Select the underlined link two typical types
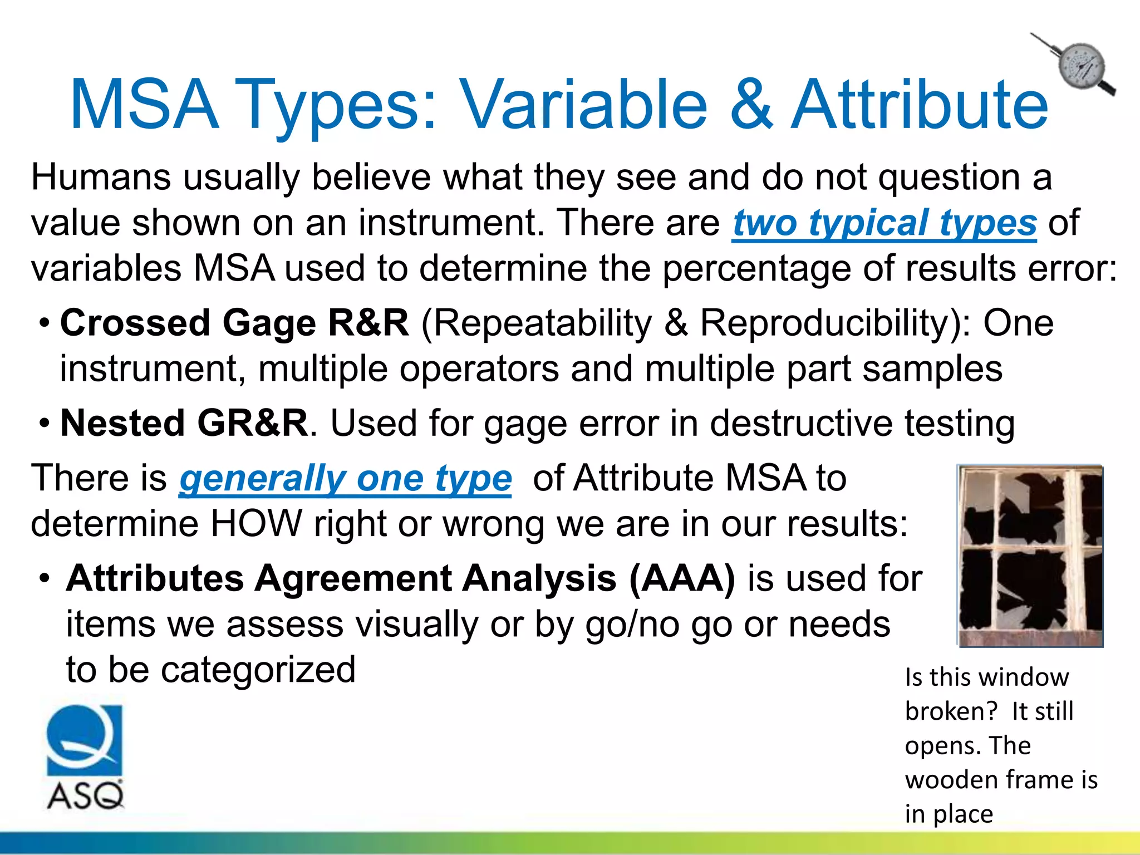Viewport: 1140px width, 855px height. click(x=884, y=223)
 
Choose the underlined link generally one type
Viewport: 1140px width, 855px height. click(x=345, y=479)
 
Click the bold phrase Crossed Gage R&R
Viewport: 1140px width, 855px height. click(x=234, y=323)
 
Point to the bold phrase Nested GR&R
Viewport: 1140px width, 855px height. click(x=184, y=423)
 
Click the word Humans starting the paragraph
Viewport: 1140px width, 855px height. click(x=101, y=177)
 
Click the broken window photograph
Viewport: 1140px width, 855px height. click(x=1030, y=556)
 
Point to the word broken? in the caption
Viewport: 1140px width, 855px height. click(x=952, y=711)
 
